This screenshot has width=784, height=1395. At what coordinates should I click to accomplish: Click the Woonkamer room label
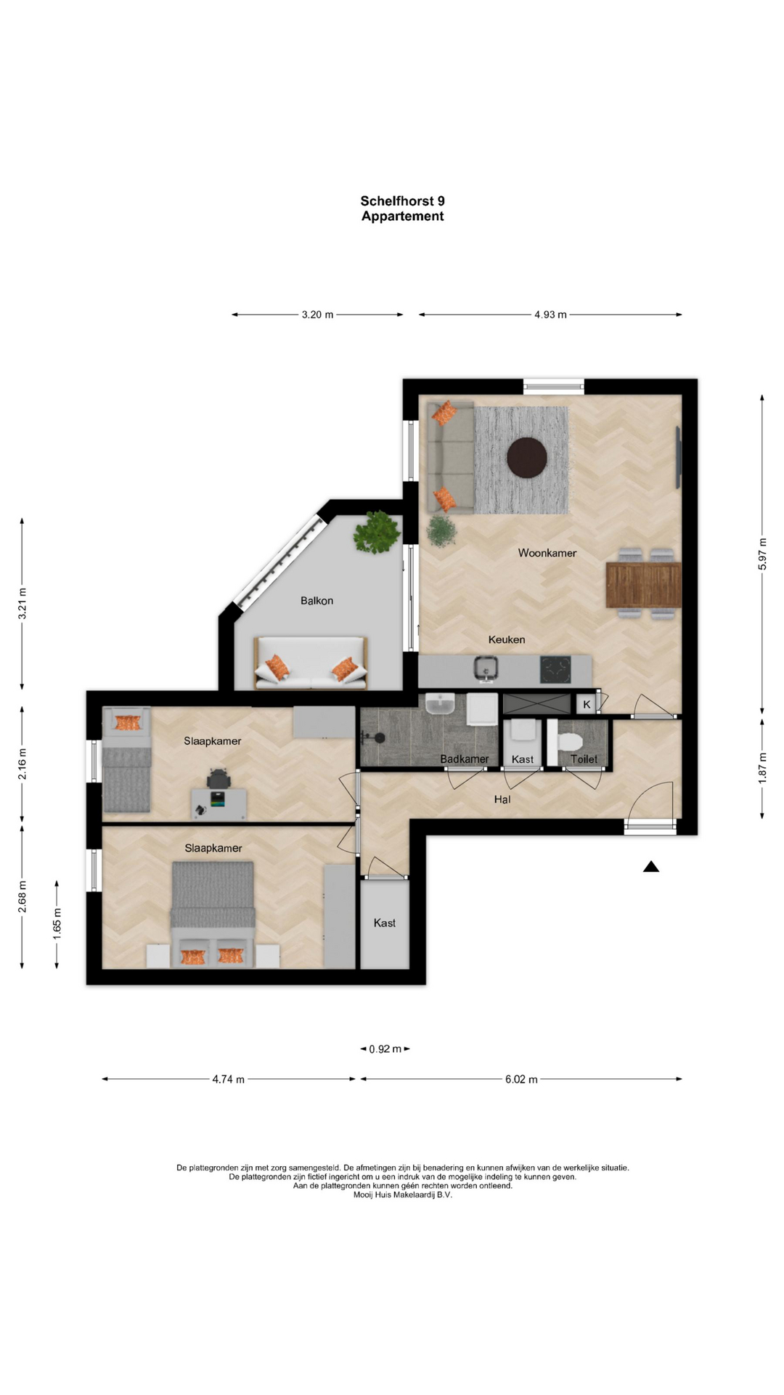pos(547,553)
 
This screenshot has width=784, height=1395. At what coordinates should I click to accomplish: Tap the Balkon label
pos(317,601)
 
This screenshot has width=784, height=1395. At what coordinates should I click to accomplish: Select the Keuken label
pos(507,639)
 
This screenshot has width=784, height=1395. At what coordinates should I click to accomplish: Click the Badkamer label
pos(465,759)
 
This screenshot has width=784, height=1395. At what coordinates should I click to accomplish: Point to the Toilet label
pos(584,759)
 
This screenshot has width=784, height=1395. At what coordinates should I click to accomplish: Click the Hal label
pos(502,799)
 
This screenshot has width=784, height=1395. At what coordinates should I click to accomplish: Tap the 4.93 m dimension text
pos(550,315)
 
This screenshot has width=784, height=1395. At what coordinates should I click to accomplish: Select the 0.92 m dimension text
pos(385,1049)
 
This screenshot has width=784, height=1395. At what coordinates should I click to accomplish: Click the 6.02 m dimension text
pos(521,1080)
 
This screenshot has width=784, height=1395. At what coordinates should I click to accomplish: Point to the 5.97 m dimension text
pos(763,554)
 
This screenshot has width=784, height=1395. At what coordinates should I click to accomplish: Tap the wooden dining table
pos(643,585)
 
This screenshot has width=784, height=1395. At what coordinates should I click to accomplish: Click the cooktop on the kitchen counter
pos(556,669)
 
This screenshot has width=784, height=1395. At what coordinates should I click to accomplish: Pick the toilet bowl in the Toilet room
pos(568,743)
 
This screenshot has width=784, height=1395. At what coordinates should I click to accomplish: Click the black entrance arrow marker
pos(650,866)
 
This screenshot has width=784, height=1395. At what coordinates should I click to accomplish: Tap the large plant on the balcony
pos(376,533)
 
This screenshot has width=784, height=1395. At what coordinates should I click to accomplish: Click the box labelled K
pos(587,704)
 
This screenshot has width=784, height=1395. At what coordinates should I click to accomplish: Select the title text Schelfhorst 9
pos(403,201)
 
